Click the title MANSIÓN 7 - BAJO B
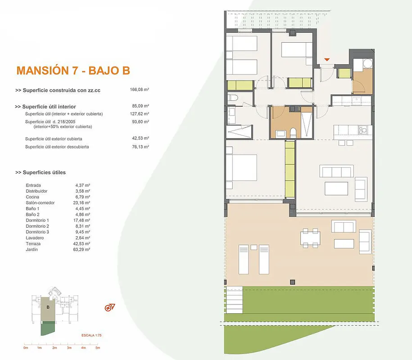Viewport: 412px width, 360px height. click(x=73, y=70)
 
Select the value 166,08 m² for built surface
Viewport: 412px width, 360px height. click(x=140, y=90)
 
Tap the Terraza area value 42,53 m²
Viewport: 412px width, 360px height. click(x=81, y=244)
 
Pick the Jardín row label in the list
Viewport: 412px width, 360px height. click(x=32, y=249)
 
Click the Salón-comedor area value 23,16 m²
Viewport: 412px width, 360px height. click(x=81, y=202)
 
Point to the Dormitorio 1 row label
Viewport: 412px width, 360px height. click(x=37, y=220)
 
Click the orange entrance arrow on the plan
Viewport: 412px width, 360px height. click(x=327, y=59)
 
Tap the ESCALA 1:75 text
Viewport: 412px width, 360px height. click(x=91, y=335)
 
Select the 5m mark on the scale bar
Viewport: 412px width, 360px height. click(x=98, y=348)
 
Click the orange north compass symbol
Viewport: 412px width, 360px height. click(x=109, y=307)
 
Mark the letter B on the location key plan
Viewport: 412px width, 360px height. click(x=48, y=307)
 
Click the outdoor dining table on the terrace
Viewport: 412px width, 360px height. click(x=310, y=238)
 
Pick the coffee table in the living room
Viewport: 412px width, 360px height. click(x=336, y=189)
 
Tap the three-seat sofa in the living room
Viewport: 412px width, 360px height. click(x=337, y=171)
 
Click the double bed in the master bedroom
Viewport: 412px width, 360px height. click(x=241, y=167)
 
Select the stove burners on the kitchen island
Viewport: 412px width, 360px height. click(x=363, y=130)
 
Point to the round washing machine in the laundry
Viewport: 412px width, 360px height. click(x=367, y=64)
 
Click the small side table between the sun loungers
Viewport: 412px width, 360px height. click(x=254, y=247)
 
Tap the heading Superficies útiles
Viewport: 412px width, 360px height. click(x=44, y=172)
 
